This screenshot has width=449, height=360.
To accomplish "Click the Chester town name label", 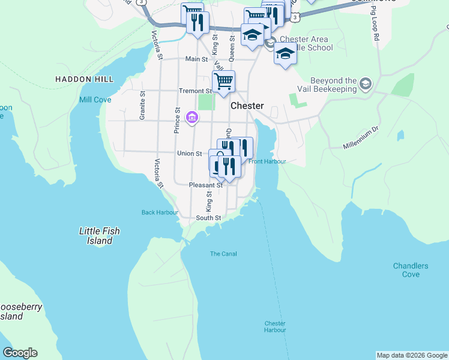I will [x=247, y=106].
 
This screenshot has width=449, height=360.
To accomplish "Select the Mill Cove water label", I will [x=95, y=100].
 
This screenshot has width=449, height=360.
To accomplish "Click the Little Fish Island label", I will [x=100, y=236].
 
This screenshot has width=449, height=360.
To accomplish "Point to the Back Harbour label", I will [x=160, y=212].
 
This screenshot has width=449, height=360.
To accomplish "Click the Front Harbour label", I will [x=267, y=161].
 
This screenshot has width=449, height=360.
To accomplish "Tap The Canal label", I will [x=223, y=254].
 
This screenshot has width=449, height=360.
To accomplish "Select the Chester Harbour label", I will [x=275, y=326].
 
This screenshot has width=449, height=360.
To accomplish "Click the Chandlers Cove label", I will [x=411, y=270].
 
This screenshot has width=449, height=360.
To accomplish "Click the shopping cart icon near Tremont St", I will [x=223, y=81].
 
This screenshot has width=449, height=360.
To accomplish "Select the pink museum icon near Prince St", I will [x=192, y=116].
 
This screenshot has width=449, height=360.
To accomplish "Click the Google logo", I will [x=20, y=353].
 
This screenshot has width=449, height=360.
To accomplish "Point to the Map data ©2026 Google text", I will [x=412, y=355].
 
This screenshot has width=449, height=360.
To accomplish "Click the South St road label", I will [x=209, y=218].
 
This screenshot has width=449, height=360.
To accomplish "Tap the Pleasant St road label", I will [x=206, y=185].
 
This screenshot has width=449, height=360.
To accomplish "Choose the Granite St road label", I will [x=142, y=106].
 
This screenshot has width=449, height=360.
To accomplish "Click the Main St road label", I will [x=196, y=59].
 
